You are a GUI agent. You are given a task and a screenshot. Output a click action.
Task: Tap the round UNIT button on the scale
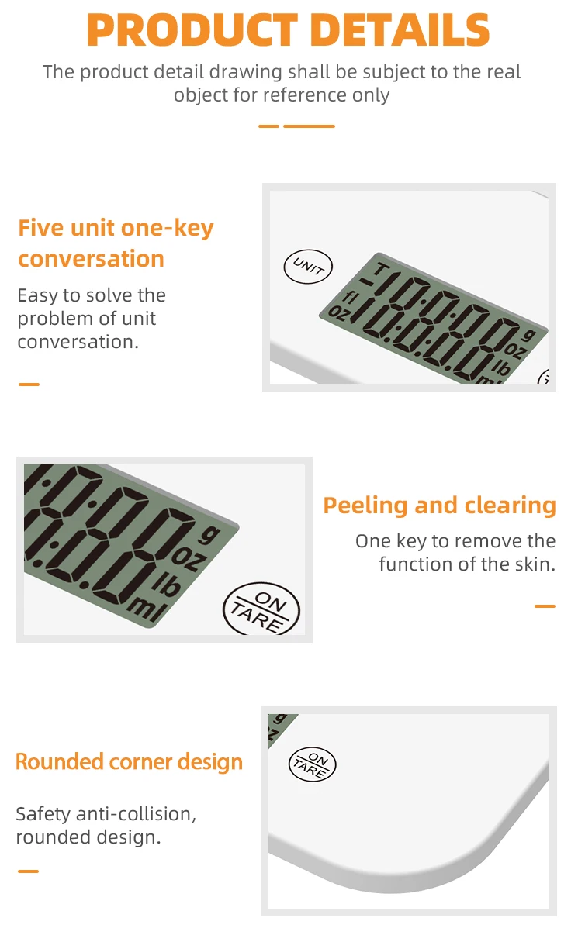(x=308, y=267)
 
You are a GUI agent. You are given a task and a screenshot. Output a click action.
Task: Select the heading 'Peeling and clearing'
(x=439, y=506)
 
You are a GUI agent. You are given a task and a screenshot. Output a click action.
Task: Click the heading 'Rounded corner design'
(x=129, y=761)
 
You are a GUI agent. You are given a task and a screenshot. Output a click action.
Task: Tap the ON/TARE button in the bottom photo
(x=312, y=764)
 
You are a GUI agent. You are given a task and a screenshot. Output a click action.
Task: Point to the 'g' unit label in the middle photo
(x=207, y=533)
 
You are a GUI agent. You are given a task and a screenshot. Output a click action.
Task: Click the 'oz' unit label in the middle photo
(x=185, y=557)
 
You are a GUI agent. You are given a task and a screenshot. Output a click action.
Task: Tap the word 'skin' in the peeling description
(x=535, y=564)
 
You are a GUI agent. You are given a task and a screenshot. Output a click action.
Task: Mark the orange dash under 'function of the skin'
(x=545, y=606)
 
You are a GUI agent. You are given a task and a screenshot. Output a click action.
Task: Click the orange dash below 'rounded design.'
(x=29, y=871)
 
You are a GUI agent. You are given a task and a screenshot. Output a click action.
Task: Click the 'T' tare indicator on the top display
(x=381, y=269)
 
